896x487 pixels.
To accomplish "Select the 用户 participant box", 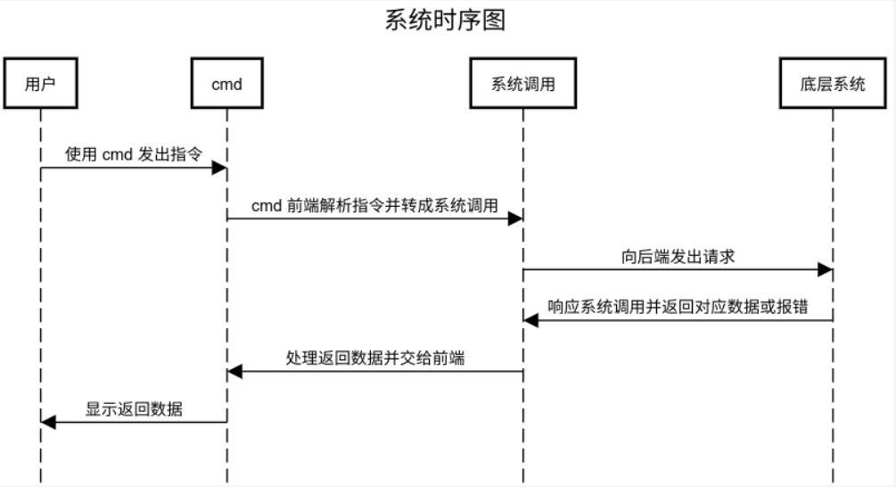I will pos(40,84).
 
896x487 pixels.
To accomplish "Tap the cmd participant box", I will pos(226,84).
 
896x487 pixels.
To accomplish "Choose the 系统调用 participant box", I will pos(523,84).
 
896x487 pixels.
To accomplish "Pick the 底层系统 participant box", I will pos(833,84).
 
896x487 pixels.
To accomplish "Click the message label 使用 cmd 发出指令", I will pos(134,153).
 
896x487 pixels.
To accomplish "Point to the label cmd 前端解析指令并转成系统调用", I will pos(374,205).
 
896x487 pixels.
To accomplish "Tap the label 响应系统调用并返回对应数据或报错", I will pos(678,307).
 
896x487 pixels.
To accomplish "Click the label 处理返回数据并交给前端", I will pos(374,358).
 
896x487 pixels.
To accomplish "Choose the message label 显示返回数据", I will pos(134,409).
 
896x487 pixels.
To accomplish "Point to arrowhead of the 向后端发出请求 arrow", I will pos(826,269).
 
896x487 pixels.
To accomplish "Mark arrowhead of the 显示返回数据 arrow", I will pos(48,422).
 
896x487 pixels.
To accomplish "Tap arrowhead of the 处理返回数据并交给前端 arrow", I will pos(234,371).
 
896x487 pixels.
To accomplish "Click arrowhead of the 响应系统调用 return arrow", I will pos(531,320).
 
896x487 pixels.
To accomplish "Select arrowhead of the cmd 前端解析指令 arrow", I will pos(515,219).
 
